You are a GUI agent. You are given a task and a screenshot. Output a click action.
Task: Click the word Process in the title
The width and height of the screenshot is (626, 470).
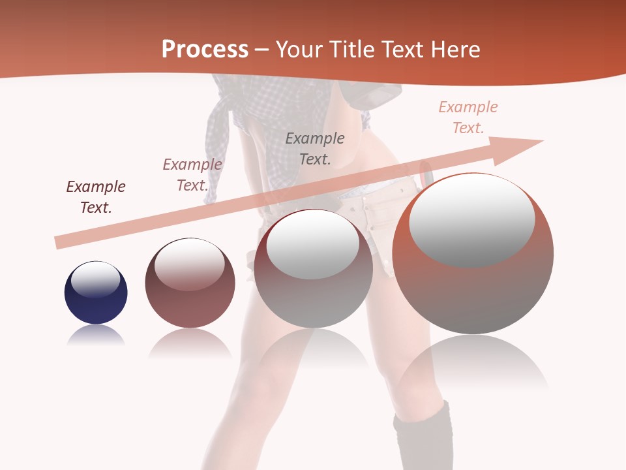(205, 50)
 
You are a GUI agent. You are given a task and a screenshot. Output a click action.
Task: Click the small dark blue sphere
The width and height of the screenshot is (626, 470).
(96, 293)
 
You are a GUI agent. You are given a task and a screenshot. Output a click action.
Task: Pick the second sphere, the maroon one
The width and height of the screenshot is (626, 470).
(190, 283)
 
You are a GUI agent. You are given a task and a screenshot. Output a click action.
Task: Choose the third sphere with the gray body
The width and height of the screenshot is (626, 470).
(314, 269)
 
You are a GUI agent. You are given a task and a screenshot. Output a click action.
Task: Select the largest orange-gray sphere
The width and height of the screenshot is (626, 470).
(473, 255)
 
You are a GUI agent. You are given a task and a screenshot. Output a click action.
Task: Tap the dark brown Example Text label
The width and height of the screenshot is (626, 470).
(96, 197)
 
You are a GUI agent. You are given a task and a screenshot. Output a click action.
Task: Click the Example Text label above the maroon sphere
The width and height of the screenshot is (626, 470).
(192, 175)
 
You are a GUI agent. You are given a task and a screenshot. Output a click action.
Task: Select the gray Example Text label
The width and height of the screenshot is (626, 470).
(315, 148)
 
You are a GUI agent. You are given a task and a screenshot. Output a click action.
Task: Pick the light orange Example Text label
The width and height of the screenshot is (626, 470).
(468, 117)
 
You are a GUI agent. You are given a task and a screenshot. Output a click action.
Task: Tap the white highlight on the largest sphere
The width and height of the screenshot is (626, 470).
(471, 221)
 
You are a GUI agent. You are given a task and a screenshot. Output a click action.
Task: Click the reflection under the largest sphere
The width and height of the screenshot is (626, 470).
(473, 366)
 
